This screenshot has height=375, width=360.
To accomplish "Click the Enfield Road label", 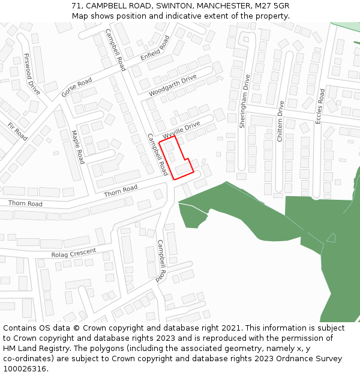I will coord(155,49).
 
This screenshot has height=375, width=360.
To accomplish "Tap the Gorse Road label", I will coord(77,88).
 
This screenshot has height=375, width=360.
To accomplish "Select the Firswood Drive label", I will coord(32,74).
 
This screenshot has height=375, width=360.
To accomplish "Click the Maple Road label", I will coord(78,147).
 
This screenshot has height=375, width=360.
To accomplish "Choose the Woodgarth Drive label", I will coord(173,86).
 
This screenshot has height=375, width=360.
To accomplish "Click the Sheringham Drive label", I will coord(245,101).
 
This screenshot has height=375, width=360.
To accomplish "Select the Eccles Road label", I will coord(321,106).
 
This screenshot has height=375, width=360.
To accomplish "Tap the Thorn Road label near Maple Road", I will coord(121,191).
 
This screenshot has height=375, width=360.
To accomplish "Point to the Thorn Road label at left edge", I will coord(25,204).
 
